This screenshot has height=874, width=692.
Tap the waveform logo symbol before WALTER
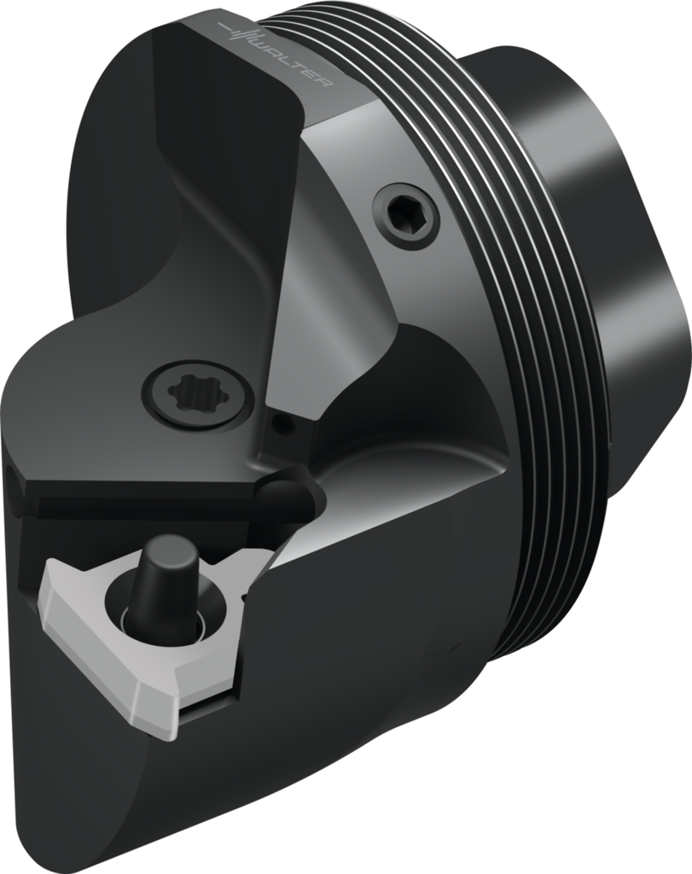[x=241, y=32]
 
